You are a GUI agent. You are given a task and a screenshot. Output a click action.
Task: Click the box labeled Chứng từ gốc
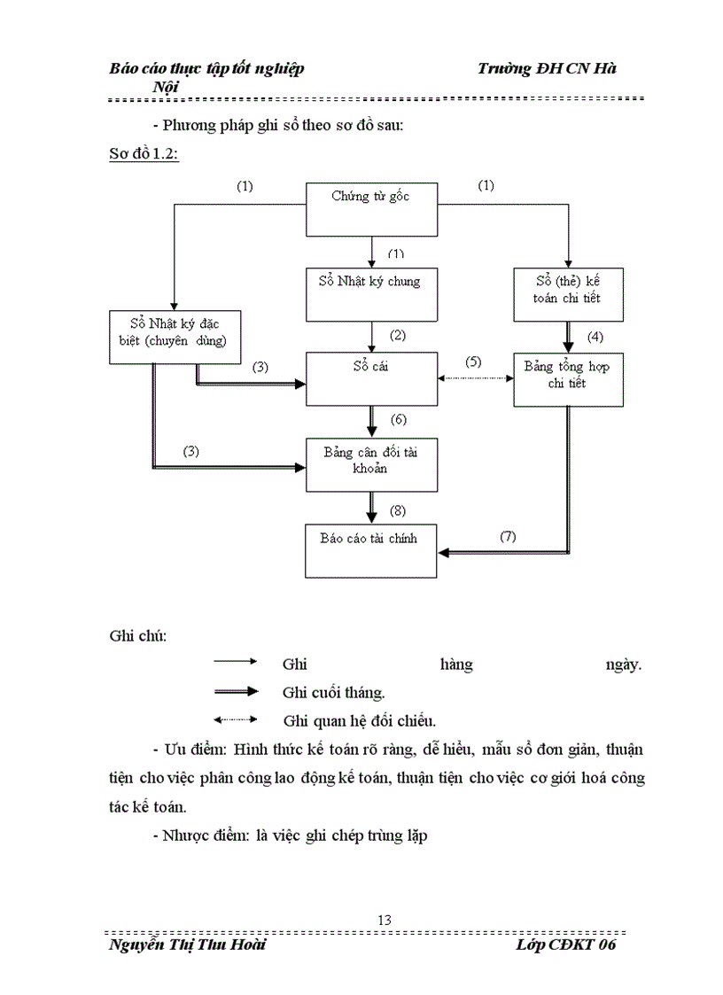(x=371, y=210)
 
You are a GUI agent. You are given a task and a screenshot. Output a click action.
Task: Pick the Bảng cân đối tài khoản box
(x=371, y=464)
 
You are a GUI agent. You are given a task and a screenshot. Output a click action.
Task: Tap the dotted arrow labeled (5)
(x=476, y=378)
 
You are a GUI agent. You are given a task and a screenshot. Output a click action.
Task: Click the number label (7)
(x=508, y=536)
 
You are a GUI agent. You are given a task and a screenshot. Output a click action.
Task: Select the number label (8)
(x=397, y=511)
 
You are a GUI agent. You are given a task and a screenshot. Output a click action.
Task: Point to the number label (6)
(x=397, y=419)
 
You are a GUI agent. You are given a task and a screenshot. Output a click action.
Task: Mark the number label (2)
(x=397, y=335)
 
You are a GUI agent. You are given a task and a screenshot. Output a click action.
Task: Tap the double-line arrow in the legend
(x=235, y=691)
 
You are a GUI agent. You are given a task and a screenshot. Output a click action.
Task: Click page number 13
(x=384, y=920)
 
